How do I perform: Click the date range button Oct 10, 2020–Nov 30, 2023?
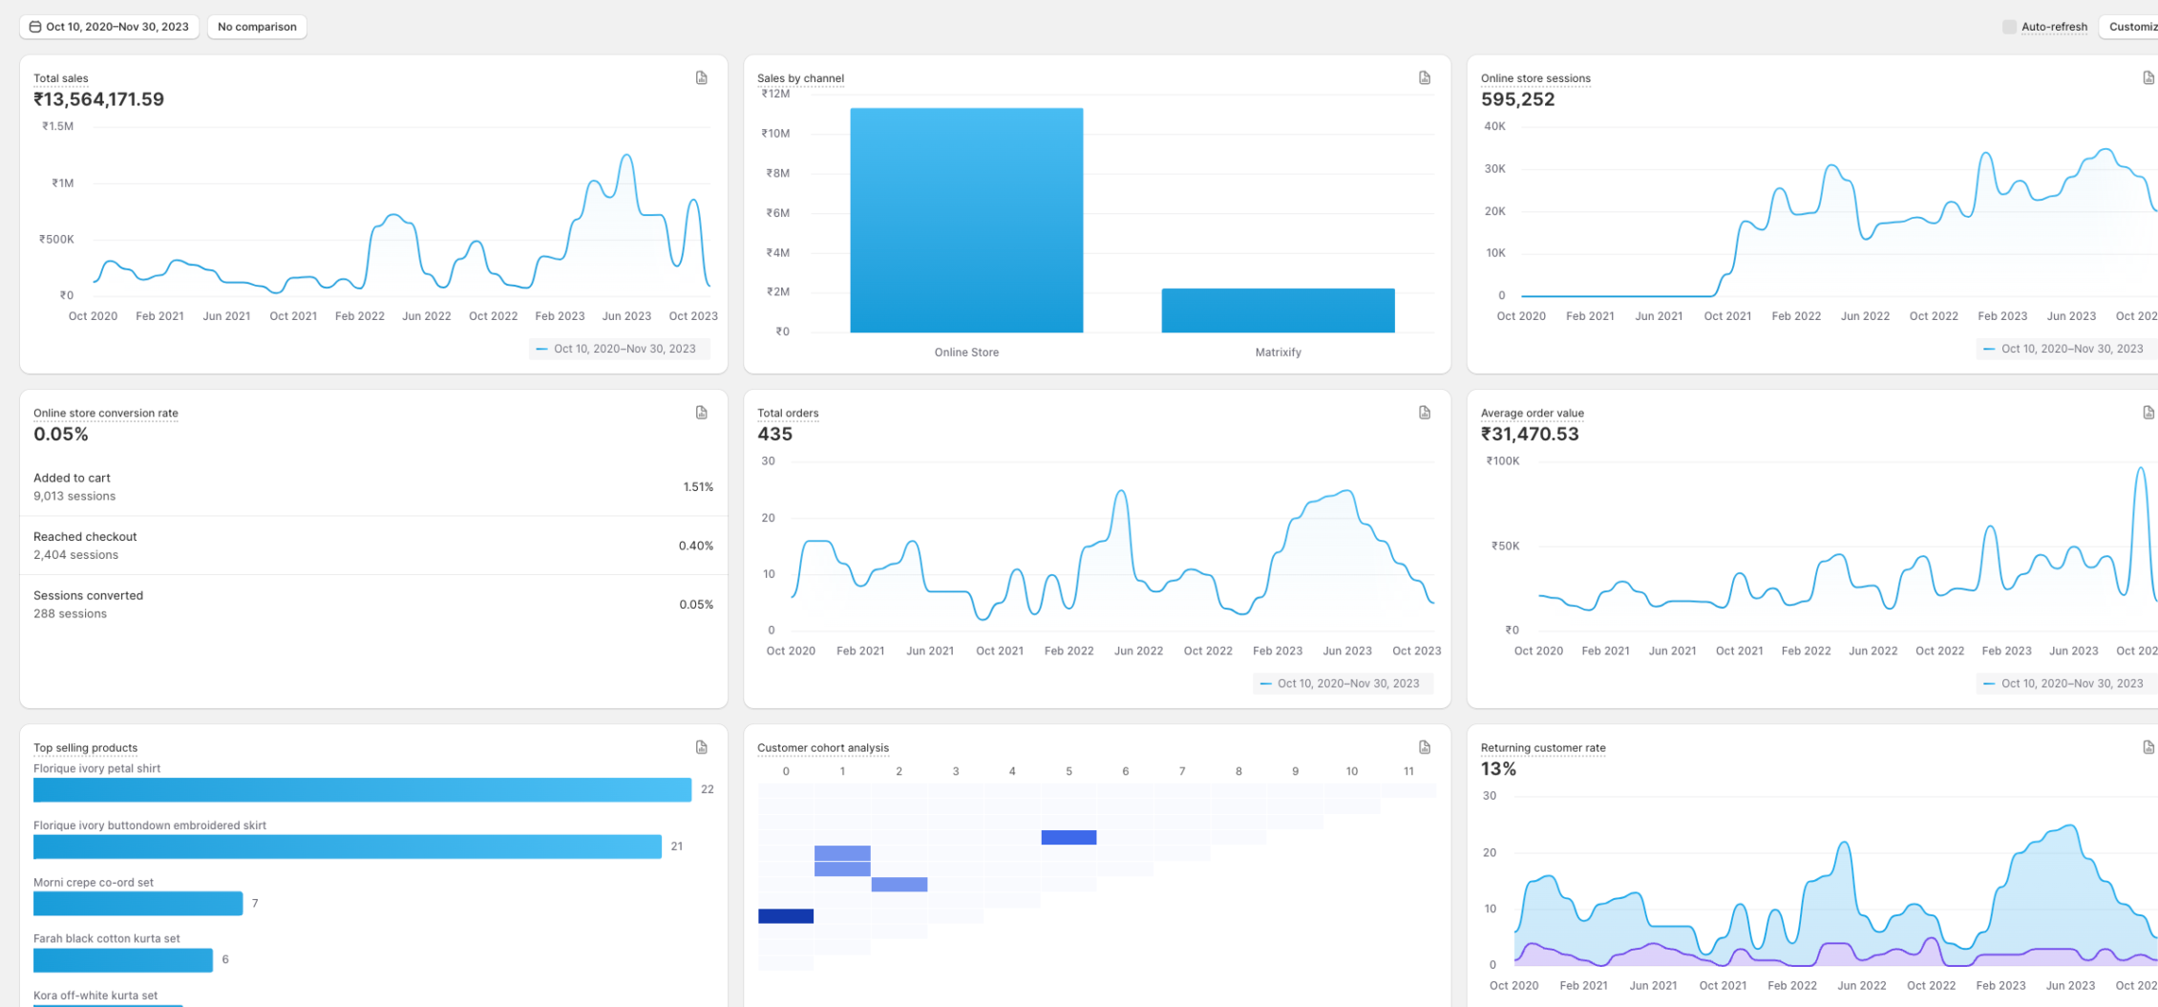109,27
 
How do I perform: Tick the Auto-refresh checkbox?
2009,27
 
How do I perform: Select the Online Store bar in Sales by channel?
966,221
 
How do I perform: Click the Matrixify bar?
1278,311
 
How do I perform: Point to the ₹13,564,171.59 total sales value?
98,99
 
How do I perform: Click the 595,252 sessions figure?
1517,99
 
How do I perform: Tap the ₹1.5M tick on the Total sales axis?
57,126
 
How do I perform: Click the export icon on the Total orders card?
1424,413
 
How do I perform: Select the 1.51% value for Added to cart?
698,487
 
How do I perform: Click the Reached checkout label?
85,537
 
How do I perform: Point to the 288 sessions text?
70,614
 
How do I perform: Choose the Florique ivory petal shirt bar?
362,789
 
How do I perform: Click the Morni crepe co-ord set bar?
138,903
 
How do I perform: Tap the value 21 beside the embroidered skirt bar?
676,846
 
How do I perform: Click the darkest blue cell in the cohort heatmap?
785,916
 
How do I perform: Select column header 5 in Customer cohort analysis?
1068,771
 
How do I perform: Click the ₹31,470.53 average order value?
1530,434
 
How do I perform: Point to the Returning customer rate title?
1542,748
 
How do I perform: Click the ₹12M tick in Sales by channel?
775,94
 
